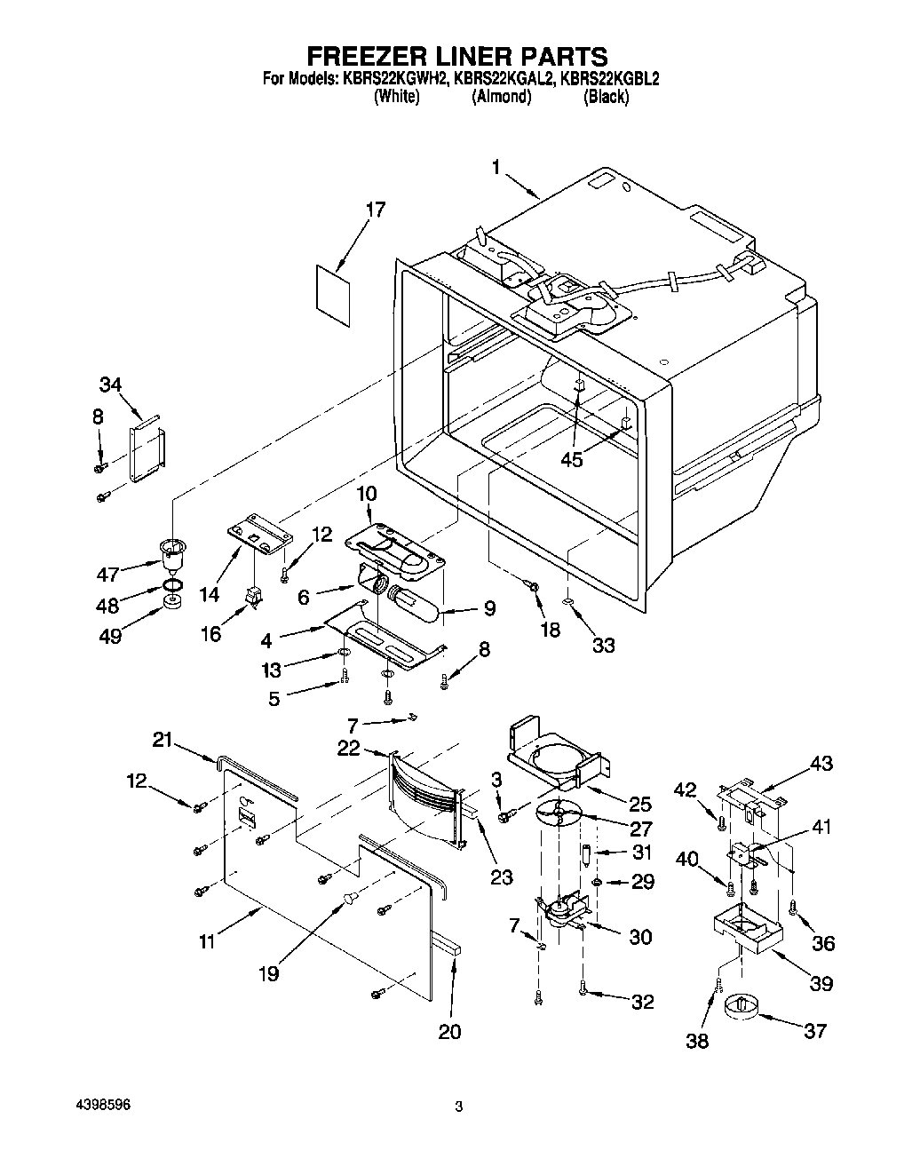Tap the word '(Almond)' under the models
point(501,97)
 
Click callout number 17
point(377,210)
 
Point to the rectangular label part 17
point(331,287)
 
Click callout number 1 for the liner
point(497,167)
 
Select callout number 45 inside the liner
point(573,460)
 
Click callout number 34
point(109,385)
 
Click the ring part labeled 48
point(175,585)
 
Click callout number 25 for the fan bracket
point(639,805)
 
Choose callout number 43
point(821,763)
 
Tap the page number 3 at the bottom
point(458,1107)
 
